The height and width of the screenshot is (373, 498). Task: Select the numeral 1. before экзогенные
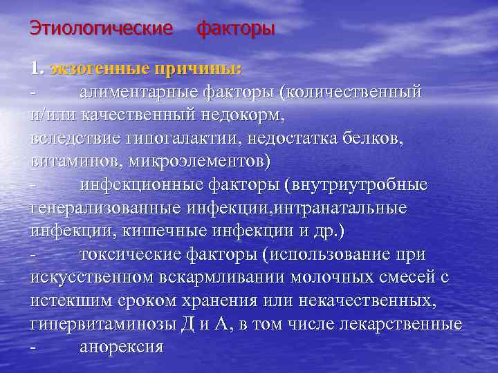37,68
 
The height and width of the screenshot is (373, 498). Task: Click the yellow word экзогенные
92,68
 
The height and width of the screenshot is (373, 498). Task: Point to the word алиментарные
138,92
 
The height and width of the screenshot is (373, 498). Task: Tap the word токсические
130,254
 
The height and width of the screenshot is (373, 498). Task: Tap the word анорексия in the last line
121,347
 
